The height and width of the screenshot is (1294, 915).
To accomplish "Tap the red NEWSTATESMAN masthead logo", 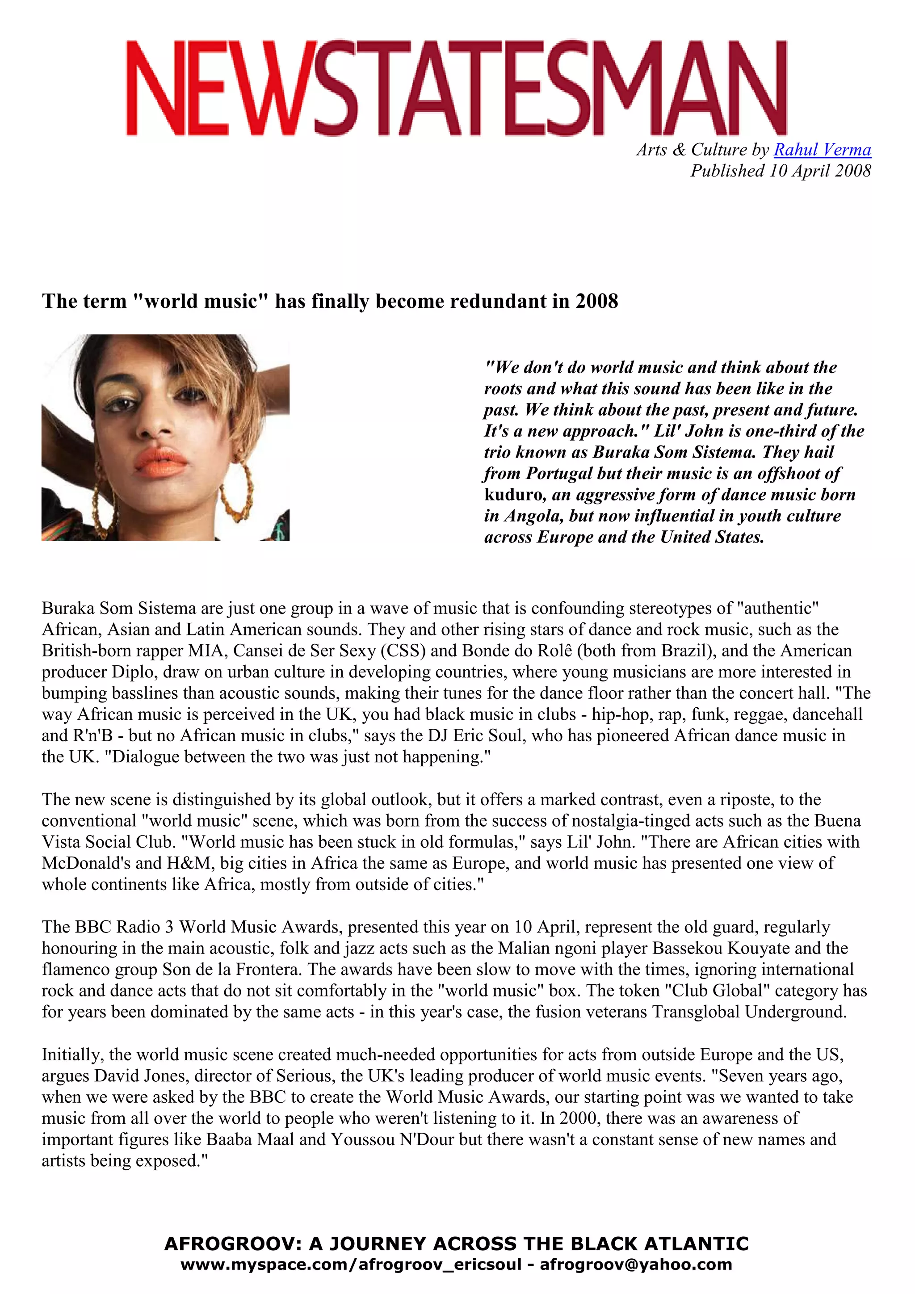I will pos(456,88).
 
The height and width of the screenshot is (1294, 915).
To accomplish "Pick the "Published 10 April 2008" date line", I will pos(781,171).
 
